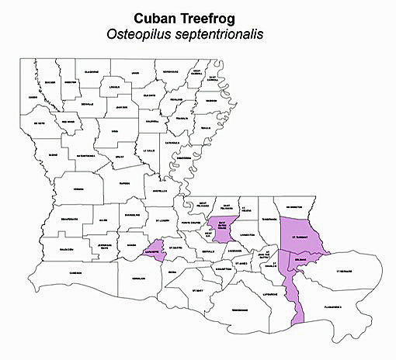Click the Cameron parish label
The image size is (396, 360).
pyautogui.click(x=75, y=272)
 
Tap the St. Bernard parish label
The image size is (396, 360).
pyautogui.click(x=344, y=272)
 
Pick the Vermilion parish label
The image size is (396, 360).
pyautogui.click(x=138, y=278)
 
